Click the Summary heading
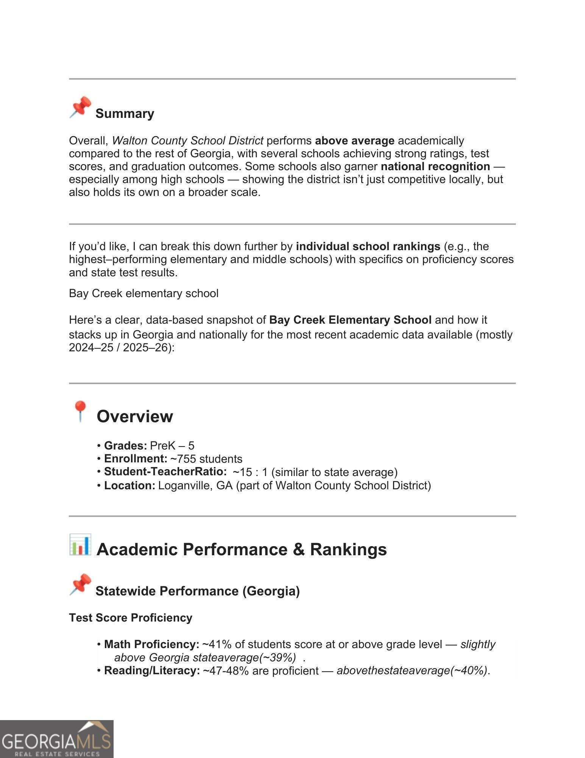pos(125,114)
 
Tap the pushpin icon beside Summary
pos(80,107)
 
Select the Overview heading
pos(135,416)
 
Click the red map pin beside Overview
pos(80,411)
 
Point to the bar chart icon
pos(80,545)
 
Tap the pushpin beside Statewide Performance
pos(80,584)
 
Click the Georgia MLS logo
pos(56,739)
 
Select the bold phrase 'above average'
pos(354,141)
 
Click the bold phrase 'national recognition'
pos(435,166)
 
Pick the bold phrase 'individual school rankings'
pos(368,246)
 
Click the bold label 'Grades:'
pos(125,446)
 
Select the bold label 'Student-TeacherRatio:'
pos(165,472)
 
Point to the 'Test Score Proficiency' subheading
pos(131,618)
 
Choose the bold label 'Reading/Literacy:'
pos(152,670)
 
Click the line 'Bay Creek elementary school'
pos(144,293)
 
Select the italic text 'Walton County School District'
pos(187,141)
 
